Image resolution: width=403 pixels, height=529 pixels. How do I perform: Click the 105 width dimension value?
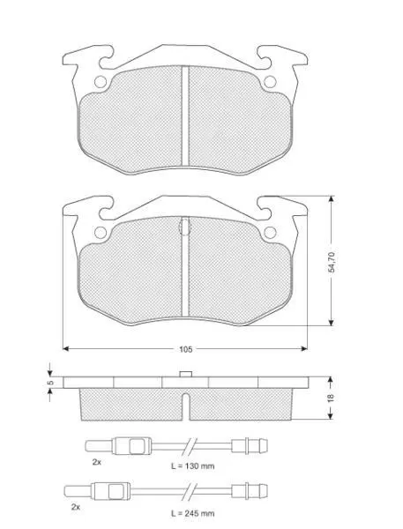click(x=186, y=349)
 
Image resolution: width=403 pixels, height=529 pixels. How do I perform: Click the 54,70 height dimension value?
click(x=332, y=262)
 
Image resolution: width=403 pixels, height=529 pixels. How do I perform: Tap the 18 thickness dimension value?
click(x=331, y=398)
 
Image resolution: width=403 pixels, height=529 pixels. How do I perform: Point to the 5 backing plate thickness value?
click(x=51, y=383)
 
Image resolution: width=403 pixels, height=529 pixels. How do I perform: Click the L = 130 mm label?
click(x=192, y=466)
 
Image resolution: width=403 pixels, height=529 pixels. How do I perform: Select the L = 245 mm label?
click(x=192, y=514)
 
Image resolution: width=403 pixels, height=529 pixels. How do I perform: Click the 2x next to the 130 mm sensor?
click(x=96, y=462)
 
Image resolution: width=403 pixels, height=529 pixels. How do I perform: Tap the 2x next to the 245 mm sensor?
click(x=76, y=507)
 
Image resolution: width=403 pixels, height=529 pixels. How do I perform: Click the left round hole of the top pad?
click(x=101, y=82)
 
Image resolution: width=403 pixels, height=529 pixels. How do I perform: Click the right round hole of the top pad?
click(x=270, y=82)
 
